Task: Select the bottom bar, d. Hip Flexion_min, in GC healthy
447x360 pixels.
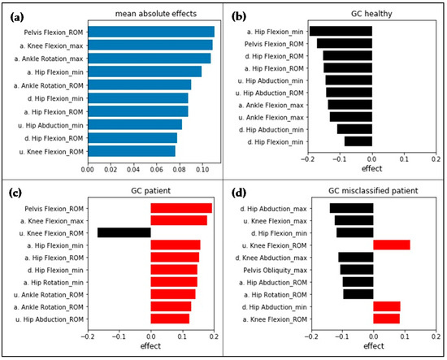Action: point(358,141)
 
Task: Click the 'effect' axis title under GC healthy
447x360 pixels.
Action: point(371,171)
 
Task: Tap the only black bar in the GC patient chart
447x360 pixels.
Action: point(124,232)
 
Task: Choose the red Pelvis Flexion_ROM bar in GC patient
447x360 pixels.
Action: point(181,208)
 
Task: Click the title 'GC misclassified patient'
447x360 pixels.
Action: point(371,189)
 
